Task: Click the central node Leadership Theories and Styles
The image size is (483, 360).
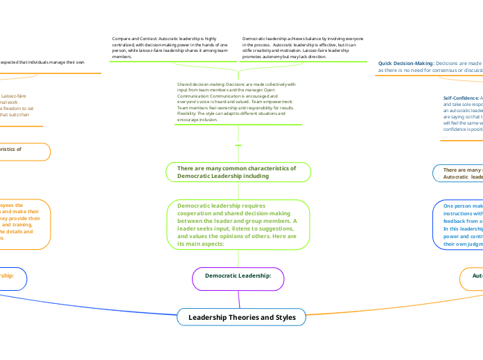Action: point(241,317)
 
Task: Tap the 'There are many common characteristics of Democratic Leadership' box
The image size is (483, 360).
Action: point(238,172)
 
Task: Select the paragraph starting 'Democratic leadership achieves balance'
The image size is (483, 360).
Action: point(302,47)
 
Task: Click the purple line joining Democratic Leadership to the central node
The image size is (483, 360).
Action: point(239,299)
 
